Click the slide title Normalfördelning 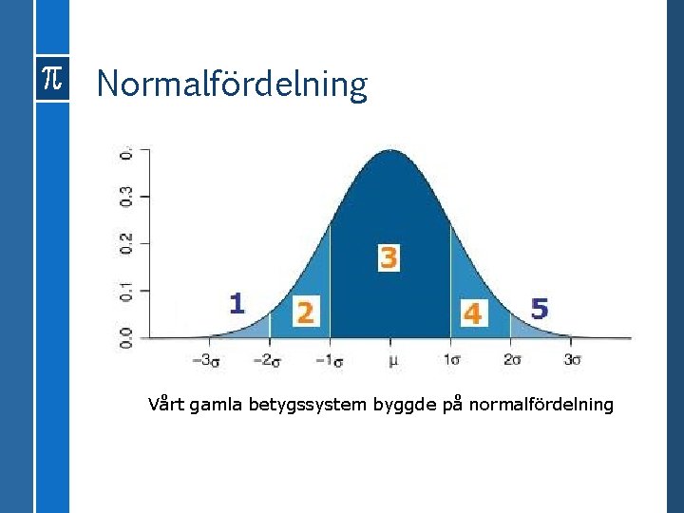click(x=231, y=85)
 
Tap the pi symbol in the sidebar click(x=51, y=82)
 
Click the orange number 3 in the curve click(x=389, y=257)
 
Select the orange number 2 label click(x=305, y=312)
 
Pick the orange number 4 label click(x=472, y=313)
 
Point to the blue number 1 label click(x=237, y=303)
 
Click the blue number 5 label click(x=540, y=309)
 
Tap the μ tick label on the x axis click(x=390, y=360)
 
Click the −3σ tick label click(x=206, y=360)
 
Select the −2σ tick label click(x=267, y=360)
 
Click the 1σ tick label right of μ click(x=451, y=360)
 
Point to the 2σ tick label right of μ click(x=512, y=360)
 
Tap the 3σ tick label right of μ click(x=573, y=360)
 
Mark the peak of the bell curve click(x=390, y=151)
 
